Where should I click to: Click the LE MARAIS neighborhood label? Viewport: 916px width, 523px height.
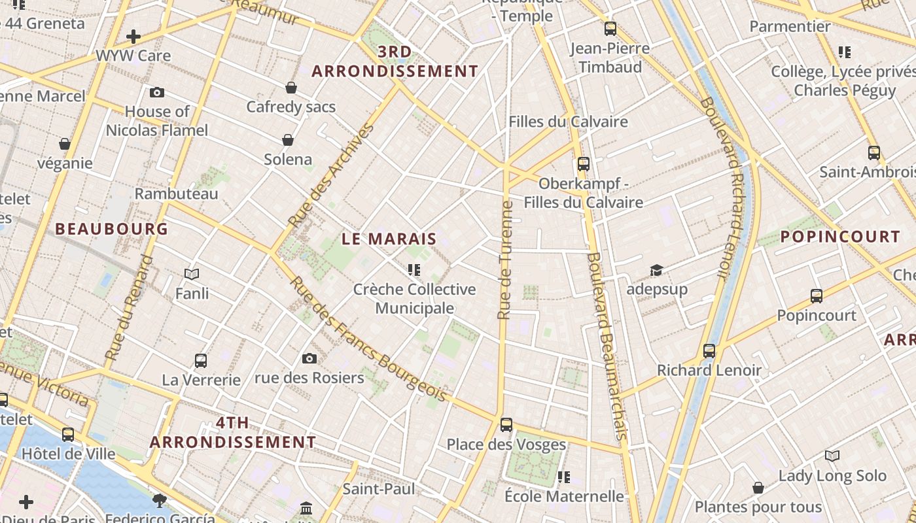389,239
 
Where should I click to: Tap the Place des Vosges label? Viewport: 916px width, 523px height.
506,445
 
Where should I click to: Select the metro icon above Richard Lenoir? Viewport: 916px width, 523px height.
709,350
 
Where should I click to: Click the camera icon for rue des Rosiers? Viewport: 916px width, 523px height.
309,358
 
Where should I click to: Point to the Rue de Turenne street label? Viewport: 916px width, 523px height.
504,260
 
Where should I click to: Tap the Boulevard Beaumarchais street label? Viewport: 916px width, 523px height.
608,346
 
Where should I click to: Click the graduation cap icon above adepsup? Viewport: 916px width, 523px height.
656,270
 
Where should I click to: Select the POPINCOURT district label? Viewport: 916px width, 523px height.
840,237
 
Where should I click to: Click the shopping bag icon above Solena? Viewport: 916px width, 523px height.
287,140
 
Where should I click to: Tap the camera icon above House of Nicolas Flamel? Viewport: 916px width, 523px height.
156,93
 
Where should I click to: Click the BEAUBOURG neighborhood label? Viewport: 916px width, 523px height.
112,229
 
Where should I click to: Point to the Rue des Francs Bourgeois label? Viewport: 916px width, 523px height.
368,339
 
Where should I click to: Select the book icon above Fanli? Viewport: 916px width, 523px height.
192,274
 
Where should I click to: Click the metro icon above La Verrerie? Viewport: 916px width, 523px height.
201,360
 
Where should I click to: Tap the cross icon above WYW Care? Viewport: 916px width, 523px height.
133,37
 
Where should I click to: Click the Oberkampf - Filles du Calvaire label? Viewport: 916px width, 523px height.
583,193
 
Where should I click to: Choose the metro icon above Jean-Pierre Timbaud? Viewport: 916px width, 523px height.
610,29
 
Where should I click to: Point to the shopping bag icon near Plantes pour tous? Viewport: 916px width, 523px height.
758,488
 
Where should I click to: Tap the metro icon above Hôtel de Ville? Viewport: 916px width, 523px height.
68,434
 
